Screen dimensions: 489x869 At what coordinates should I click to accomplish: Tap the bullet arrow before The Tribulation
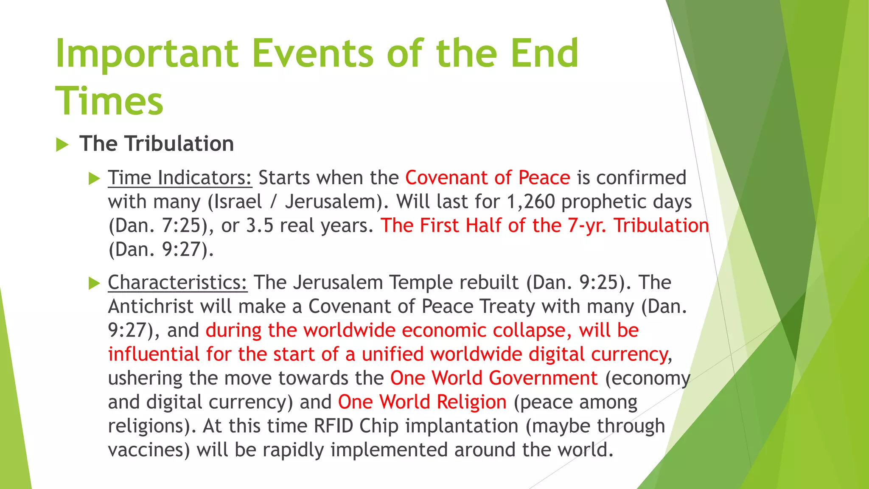pyautogui.click(x=62, y=145)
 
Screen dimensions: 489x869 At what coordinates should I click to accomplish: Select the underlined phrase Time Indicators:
pyautogui.click(x=180, y=178)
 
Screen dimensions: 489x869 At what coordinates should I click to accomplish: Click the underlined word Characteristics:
pyautogui.click(x=177, y=283)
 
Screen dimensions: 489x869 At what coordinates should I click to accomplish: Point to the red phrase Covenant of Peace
pyautogui.click(x=488, y=178)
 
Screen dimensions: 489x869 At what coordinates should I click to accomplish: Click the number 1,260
pyautogui.click(x=531, y=202)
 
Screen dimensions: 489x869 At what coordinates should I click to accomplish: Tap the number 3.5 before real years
pyautogui.click(x=260, y=226)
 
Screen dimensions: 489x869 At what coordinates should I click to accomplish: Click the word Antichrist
pyautogui.click(x=151, y=306)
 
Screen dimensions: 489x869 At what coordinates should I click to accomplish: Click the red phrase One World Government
pyautogui.click(x=494, y=378)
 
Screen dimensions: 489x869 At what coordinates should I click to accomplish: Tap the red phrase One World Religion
pyautogui.click(x=422, y=402)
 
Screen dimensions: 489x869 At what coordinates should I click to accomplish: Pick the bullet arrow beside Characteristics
pyautogui.click(x=94, y=283)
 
